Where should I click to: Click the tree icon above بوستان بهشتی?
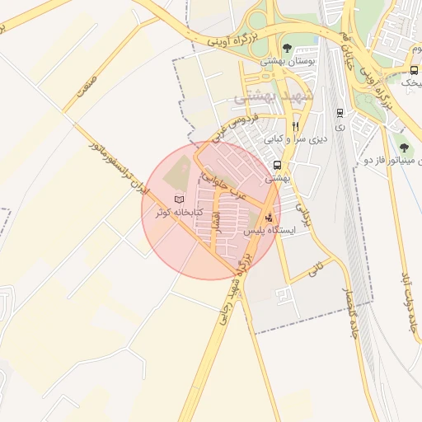(x=287, y=47)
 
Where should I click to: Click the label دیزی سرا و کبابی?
(x=296, y=139)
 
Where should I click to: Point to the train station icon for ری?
(x=340, y=112)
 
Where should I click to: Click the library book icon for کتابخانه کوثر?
(x=180, y=199)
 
